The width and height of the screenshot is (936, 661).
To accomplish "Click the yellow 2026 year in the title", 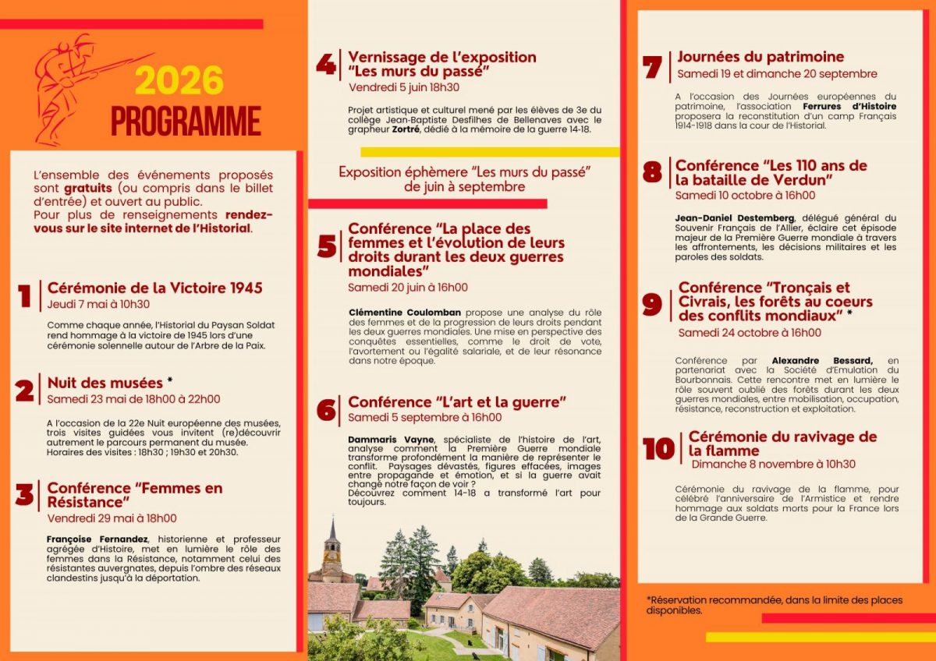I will coord(179,81).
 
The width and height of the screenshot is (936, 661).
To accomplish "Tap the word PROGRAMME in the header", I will coord(186,121).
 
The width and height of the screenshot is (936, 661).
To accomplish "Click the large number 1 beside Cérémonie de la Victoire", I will coord(25,296).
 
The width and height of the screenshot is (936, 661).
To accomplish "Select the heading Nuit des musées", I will coord(105,383).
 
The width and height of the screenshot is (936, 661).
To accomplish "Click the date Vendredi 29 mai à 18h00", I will coord(112,518).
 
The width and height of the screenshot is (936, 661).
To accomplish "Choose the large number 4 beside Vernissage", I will coord(326,65).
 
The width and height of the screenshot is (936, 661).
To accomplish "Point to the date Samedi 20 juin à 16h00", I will coord(408,288).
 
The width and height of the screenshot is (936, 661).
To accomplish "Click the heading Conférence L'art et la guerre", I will coord(456,402).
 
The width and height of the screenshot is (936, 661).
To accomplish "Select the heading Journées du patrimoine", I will coord(760,57).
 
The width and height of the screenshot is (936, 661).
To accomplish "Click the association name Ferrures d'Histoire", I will coord(849,106).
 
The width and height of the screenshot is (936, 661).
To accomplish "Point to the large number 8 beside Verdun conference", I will coord(652,172).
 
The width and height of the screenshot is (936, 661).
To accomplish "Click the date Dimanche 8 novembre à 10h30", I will coord(773,465).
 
